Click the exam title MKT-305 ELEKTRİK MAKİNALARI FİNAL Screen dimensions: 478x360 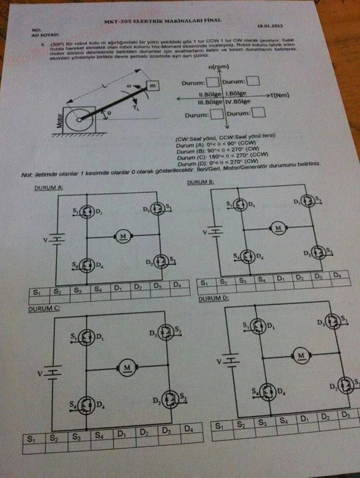(163, 21)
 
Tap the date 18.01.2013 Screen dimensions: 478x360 (270, 26)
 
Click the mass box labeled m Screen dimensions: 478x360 (152, 86)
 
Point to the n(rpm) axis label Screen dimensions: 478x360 (218, 67)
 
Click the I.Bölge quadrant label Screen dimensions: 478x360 (236, 94)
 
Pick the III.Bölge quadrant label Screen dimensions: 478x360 (210, 102)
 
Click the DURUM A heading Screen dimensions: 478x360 (48, 188)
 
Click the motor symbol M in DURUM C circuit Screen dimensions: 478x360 (127, 367)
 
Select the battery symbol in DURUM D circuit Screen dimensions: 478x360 (232, 361)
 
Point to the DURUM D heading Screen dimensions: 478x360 (213, 298)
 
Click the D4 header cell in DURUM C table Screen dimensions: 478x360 (189, 429)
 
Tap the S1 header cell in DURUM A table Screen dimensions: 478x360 (36, 292)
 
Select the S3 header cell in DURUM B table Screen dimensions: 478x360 (242, 281)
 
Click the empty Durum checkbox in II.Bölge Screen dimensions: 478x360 (212, 82)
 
